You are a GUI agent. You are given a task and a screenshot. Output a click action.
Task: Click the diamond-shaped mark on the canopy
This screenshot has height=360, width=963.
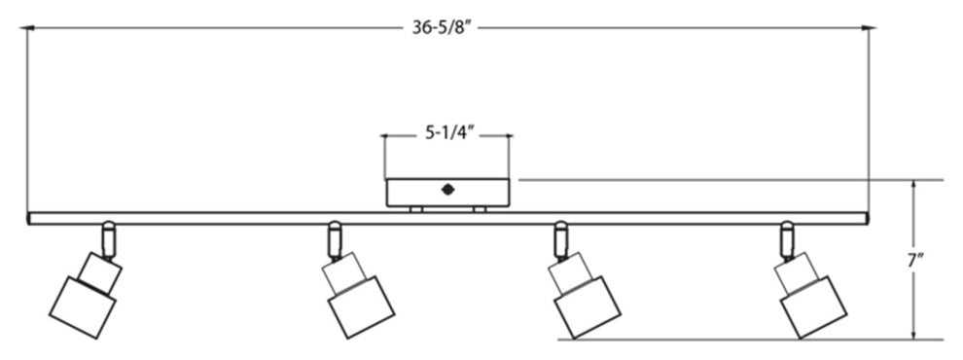point(447,190)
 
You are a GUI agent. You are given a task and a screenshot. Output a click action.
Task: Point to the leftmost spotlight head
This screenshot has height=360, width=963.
point(85,295)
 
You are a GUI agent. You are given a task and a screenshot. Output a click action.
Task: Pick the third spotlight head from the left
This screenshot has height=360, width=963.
point(584,295)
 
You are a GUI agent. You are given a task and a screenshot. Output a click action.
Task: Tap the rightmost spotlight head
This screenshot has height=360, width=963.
point(810,295)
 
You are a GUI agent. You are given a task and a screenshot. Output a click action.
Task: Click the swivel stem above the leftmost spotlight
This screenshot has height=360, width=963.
point(108,238)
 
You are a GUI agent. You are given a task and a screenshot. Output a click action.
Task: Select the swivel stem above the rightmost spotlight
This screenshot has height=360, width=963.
point(787,238)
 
